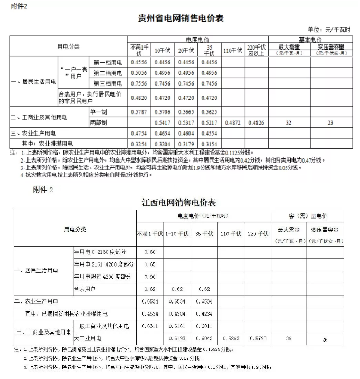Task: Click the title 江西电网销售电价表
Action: pos(179,202)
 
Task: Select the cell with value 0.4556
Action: pos(139,62)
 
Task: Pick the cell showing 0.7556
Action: pos(139,83)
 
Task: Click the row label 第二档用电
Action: pos(108,73)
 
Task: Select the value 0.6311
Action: pos(150,325)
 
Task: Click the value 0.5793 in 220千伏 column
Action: pos(258,337)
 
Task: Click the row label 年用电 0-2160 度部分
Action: pos(104,252)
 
